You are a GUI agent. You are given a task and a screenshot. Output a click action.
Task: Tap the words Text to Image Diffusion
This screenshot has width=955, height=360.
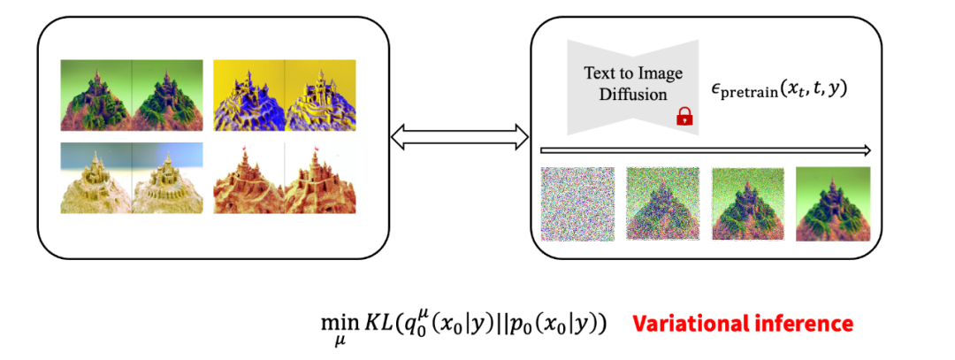click(633, 83)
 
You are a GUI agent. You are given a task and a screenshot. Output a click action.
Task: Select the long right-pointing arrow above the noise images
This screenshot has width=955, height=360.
click(706, 149)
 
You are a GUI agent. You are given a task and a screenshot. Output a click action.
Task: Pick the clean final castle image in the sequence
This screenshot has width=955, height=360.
click(833, 204)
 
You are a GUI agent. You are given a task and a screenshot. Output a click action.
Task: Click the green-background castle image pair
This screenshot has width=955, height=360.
click(132, 95)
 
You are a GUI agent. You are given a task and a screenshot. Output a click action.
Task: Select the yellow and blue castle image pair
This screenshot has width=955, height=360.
click(285, 95)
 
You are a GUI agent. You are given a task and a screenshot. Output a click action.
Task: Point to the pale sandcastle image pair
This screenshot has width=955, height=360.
click(132, 178)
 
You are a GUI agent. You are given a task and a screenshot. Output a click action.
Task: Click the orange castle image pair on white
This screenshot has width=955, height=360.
click(285, 178)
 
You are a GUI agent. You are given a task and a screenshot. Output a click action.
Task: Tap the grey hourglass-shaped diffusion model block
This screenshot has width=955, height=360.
click(633, 88)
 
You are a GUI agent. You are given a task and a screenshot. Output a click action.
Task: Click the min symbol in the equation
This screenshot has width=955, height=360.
click(333, 323)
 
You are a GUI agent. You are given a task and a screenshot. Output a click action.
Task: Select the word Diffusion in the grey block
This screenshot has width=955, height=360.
click(633, 95)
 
